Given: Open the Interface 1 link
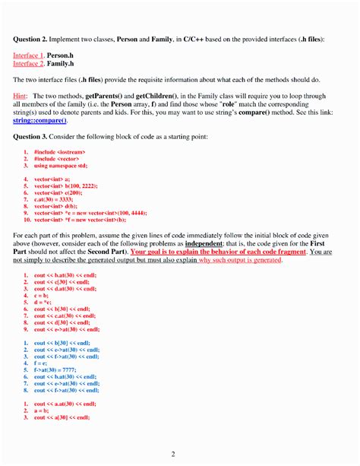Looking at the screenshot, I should click(x=28, y=56).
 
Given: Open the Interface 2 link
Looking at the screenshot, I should click(x=28, y=65).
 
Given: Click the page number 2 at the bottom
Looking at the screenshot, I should click(x=172, y=455).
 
